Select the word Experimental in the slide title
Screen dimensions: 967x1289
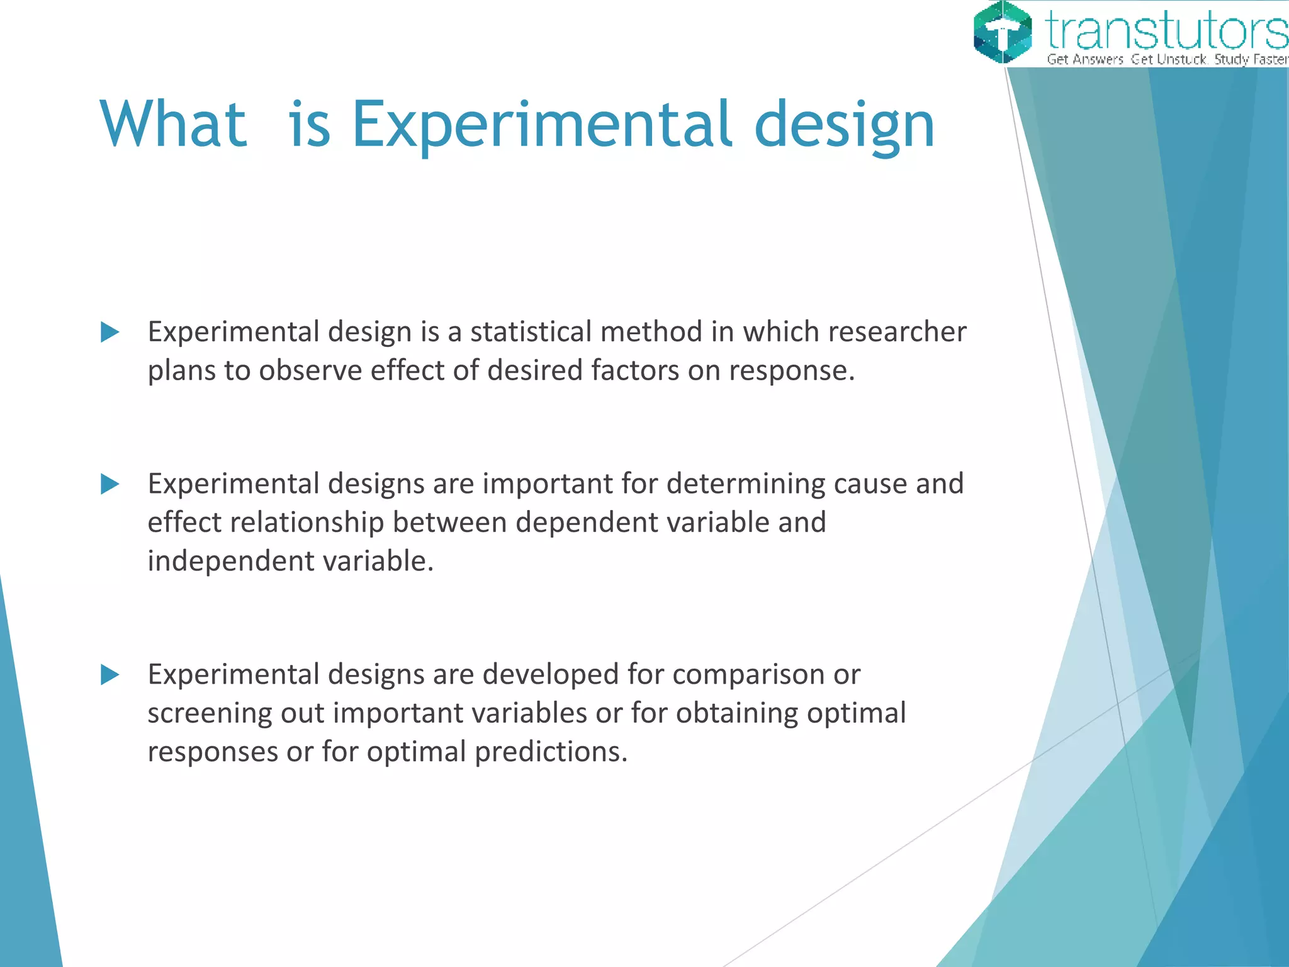(x=542, y=126)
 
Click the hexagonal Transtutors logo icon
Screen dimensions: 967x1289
(x=1003, y=32)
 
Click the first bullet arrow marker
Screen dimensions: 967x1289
(x=110, y=332)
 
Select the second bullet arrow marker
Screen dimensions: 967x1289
(x=110, y=484)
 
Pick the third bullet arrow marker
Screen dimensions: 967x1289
(x=110, y=675)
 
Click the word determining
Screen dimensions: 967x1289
(x=745, y=484)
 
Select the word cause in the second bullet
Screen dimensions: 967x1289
(x=870, y=484)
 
